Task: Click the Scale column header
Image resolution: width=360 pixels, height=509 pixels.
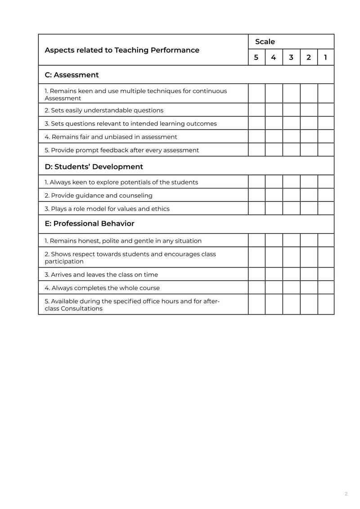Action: [265, 42]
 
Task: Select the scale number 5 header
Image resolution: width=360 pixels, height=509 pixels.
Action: [256, 58]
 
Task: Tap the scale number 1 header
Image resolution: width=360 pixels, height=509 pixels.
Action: [325, 58]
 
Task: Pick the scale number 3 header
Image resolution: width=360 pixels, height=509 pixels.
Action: [291, 58]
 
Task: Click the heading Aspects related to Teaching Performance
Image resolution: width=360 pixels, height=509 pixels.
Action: [121, 50]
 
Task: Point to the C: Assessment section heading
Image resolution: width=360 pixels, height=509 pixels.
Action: [72, 75]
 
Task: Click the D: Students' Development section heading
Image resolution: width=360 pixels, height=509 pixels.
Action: [94, 167]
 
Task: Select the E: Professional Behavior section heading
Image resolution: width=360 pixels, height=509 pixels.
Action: [89, 223]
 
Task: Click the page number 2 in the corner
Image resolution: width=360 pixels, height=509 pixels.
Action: [346, 494]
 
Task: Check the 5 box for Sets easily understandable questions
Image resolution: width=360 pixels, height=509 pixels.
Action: [256, 110]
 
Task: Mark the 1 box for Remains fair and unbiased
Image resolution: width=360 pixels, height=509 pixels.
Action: [326, 137]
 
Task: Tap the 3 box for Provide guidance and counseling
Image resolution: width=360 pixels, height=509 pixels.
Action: [291, 196]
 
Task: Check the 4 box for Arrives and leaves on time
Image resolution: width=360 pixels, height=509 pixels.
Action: [274, 274]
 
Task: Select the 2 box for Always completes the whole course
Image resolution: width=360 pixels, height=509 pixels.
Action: [309, 288]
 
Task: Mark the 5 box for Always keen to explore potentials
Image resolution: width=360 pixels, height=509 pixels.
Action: [256, 182]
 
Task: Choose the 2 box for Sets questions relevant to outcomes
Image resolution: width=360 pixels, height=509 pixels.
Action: [309, 123]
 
